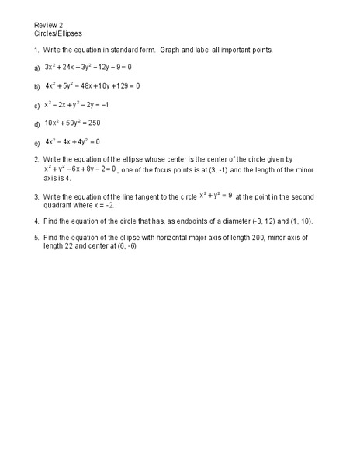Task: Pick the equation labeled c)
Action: point(76,104)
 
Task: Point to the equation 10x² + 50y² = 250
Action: point(73,123)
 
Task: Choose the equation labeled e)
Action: point(72,142)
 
